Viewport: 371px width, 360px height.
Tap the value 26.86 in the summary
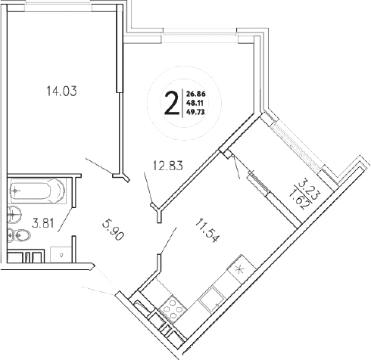[195, 95]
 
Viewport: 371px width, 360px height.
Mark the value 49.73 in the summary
[195, 113]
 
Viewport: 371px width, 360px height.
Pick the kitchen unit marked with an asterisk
[240, 269]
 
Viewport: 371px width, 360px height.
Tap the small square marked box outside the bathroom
[61, 255]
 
